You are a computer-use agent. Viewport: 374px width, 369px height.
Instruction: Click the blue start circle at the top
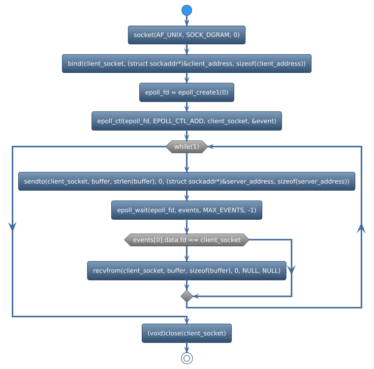(x=187, y=10)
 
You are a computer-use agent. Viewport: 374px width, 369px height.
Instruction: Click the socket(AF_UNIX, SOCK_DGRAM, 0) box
(x=187, y=35)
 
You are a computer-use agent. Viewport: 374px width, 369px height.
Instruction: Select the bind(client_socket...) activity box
(x=187, y=64)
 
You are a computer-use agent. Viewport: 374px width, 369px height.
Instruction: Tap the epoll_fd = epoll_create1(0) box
(x=187, y=92)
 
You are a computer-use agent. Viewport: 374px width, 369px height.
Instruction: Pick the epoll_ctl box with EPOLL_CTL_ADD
(x=187, y=121)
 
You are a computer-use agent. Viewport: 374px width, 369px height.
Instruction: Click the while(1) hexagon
(x=187, y=147)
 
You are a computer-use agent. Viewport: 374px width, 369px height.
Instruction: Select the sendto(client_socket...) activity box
(x=187, y=181)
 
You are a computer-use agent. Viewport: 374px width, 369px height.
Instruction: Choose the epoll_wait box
(x=187, y=210)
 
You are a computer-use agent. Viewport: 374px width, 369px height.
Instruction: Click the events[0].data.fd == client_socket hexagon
(x=187, y=240)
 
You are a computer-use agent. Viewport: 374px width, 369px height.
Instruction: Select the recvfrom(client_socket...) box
(x=187, y=270)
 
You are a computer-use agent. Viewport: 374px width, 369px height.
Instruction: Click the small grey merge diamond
(x=187, y=296)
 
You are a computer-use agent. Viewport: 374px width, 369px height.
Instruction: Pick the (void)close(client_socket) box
(x=187, y=333)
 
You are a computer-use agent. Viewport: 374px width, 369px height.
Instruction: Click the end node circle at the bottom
(x=187, y=358)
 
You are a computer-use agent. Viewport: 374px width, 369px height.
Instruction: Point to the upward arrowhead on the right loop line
(x=362, y=227)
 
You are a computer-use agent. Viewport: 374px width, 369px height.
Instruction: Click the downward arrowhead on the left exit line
(x=12, y=225)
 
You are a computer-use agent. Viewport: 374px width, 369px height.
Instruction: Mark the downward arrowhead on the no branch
(x=291, y=269)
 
